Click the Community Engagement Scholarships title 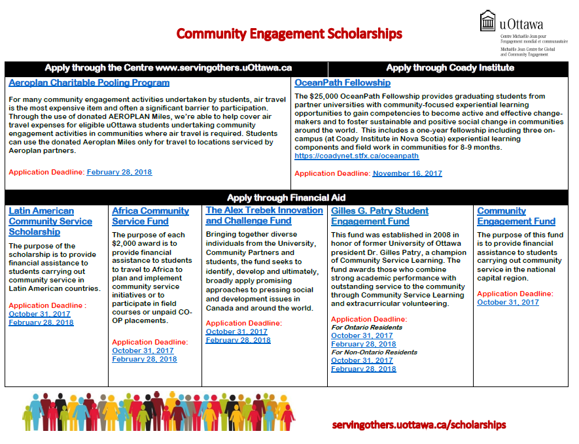[289, 33]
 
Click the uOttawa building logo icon [488, 21]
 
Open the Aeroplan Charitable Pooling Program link [89, 83]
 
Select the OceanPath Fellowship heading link [342, 83]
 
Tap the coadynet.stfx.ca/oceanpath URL [357, 156]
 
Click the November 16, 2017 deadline [407, 173]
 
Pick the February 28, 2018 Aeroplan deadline [119, 172]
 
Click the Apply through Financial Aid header [286, 197]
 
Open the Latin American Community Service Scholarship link [50, 221]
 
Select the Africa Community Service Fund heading [150, 216]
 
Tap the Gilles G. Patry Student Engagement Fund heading [379, 216]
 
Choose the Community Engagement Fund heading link [516, 216]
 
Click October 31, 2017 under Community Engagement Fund [508, 302]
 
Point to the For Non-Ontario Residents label [374, 352]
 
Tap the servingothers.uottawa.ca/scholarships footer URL [419, 424]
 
